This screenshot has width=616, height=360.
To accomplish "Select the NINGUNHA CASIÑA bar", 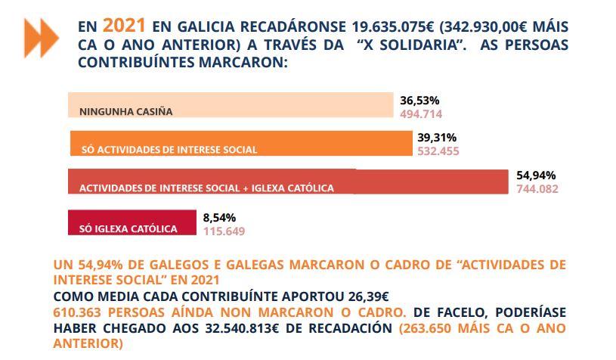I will coord(231,105).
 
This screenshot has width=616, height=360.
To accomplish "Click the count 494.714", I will coord(420,114).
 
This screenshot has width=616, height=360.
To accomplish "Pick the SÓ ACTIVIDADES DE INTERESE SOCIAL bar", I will coord(241,143).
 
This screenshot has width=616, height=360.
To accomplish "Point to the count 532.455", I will coord(438,151).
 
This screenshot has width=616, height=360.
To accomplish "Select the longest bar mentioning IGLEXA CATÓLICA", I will coord(287,181).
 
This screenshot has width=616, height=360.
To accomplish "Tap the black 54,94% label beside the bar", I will coord(535,175).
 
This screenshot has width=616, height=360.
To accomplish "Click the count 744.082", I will coord(537,189).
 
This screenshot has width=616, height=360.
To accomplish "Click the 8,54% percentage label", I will coord(220,217).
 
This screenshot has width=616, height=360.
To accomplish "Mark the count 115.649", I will coord(224,231).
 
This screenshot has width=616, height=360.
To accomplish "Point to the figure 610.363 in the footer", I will coord(82,312).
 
